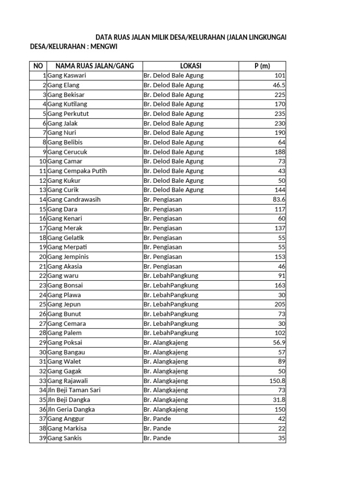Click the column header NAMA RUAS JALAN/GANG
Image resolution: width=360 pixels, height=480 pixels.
point(94,66)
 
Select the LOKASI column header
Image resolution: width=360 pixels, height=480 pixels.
point(190,66)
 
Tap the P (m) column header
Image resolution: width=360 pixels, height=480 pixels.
point(262,66)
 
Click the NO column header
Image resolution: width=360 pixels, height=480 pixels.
point(38,66)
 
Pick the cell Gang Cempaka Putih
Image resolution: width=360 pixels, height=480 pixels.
point(77,171)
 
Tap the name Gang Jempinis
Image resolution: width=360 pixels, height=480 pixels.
point(68,257)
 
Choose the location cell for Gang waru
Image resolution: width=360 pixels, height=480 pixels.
point(171,276)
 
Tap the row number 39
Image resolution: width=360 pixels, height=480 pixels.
point(42,438)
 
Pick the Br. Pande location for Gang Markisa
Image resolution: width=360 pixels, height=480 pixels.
point(157,428)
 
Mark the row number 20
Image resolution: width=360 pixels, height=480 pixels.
point(42,257)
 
